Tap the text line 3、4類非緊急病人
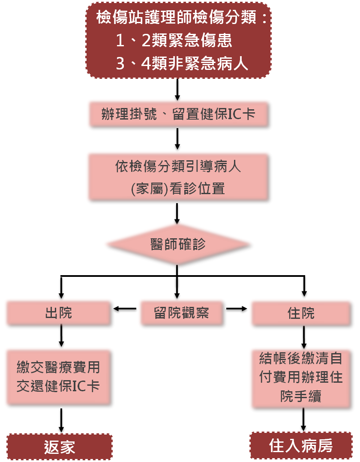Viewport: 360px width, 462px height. pos(182,64)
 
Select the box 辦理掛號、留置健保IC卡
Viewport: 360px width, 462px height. pos(179,114)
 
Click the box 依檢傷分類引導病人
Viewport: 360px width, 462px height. pos(178,177)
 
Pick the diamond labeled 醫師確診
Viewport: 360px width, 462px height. pos(178,245)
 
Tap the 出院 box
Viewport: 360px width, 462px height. pos(59,313)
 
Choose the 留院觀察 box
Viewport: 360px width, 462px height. pos(181,313)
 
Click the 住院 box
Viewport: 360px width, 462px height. pos(301,313)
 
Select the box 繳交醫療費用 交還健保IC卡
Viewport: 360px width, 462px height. pos(59,378)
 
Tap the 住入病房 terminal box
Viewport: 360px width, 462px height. pos(301,446)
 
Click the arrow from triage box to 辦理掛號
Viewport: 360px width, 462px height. pos(177,89)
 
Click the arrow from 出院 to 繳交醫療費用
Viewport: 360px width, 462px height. pos(62,337)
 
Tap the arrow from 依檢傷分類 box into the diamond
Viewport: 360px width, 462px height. pos(177,213)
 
